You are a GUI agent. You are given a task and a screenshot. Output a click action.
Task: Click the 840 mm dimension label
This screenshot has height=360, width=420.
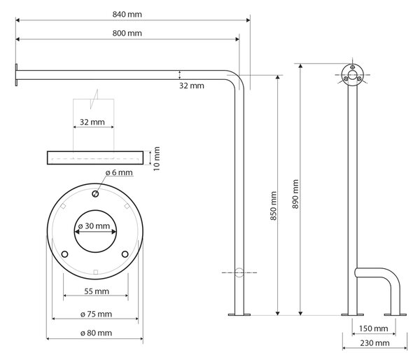tap(127, 14)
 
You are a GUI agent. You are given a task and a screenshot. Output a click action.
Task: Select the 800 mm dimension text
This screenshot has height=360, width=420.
tap(127, 33)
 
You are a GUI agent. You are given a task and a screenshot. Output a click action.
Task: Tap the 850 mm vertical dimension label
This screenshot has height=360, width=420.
tap(273, 206)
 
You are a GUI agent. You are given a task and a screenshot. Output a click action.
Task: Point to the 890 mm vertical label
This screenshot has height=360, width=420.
tap(295, 194)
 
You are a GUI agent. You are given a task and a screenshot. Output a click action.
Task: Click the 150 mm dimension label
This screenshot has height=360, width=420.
tap(373, 328)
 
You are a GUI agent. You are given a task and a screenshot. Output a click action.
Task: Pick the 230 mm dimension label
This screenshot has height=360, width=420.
tap(374, 343)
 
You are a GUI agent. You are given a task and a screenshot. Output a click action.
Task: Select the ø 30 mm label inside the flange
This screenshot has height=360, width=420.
tap(94, 226)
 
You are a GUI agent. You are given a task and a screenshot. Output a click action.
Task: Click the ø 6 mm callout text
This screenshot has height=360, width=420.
tap(119, 172)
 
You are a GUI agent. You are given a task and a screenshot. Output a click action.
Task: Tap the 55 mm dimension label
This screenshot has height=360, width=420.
tap(97, 291)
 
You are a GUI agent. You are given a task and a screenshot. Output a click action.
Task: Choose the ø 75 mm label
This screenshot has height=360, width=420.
tap(96, 314)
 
